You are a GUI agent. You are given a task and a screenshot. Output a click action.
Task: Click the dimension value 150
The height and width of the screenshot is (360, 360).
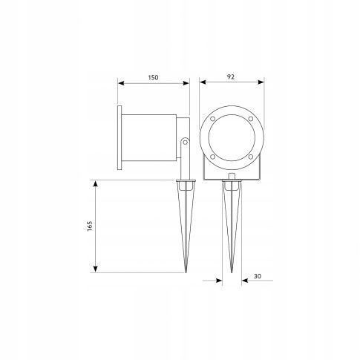pos(153,77)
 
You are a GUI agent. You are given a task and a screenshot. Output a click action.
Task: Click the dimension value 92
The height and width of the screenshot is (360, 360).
pos(231,76)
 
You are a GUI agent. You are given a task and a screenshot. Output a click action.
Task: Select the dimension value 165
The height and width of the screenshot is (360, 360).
pos(90,226)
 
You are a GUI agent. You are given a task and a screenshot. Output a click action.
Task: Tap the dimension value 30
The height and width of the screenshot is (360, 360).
pos(258,276)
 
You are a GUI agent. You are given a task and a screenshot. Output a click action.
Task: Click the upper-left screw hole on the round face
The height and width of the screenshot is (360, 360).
pos(212,119)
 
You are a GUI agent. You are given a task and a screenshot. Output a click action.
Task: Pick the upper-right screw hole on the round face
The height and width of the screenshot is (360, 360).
pos(251,119)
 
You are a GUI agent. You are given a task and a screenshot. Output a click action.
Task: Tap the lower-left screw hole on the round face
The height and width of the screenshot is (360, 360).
pos(212,157)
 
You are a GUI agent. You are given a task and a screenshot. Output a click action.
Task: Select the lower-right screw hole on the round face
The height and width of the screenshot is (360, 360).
pos(251,157)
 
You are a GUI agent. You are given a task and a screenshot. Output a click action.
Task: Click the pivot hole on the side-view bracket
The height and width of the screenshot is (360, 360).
pos(185,142)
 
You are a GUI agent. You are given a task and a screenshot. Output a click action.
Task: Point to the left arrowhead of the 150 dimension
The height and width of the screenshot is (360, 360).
pos(121,83)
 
